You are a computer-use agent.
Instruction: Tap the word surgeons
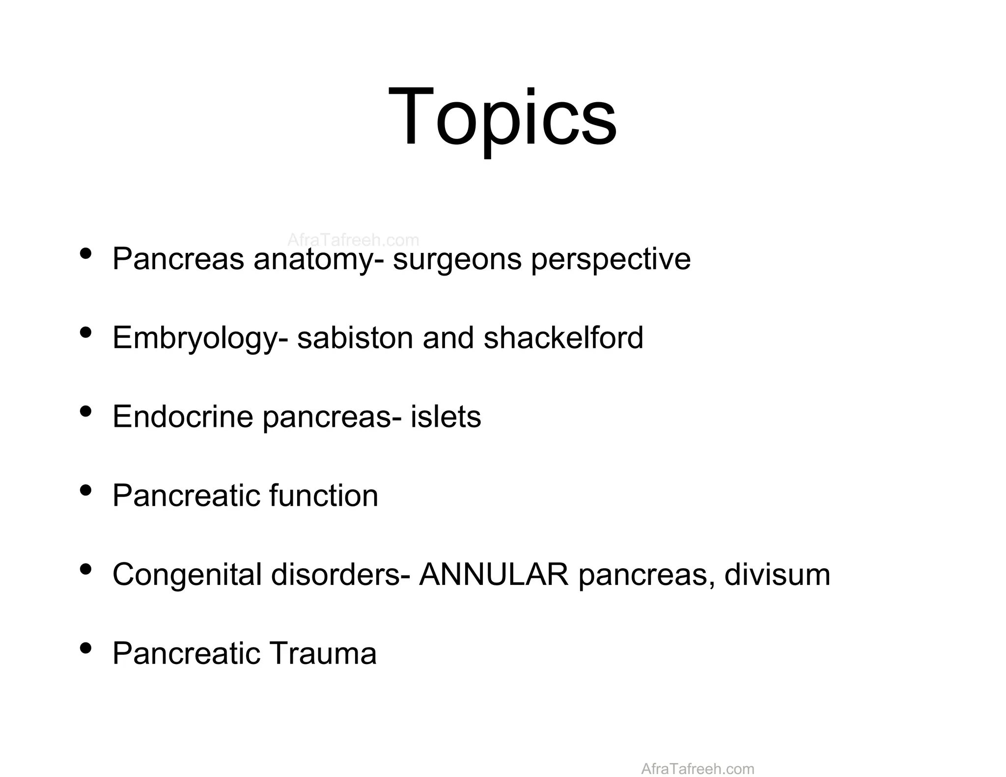(457, 259)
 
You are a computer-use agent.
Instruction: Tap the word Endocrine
(182, 416)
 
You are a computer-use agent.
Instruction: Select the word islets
(446, 416)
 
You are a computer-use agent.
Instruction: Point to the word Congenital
(187, 574)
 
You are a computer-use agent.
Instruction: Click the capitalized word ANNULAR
(494, 574)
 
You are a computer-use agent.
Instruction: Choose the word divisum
(777, 574)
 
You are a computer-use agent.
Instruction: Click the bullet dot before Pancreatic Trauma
(85, 648)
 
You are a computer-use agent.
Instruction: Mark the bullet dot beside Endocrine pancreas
(85, 412)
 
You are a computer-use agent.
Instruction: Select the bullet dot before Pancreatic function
(85, 490)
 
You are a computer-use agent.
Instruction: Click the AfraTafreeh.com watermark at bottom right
(698, 769)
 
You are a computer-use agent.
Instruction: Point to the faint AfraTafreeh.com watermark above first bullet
(353, 240)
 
